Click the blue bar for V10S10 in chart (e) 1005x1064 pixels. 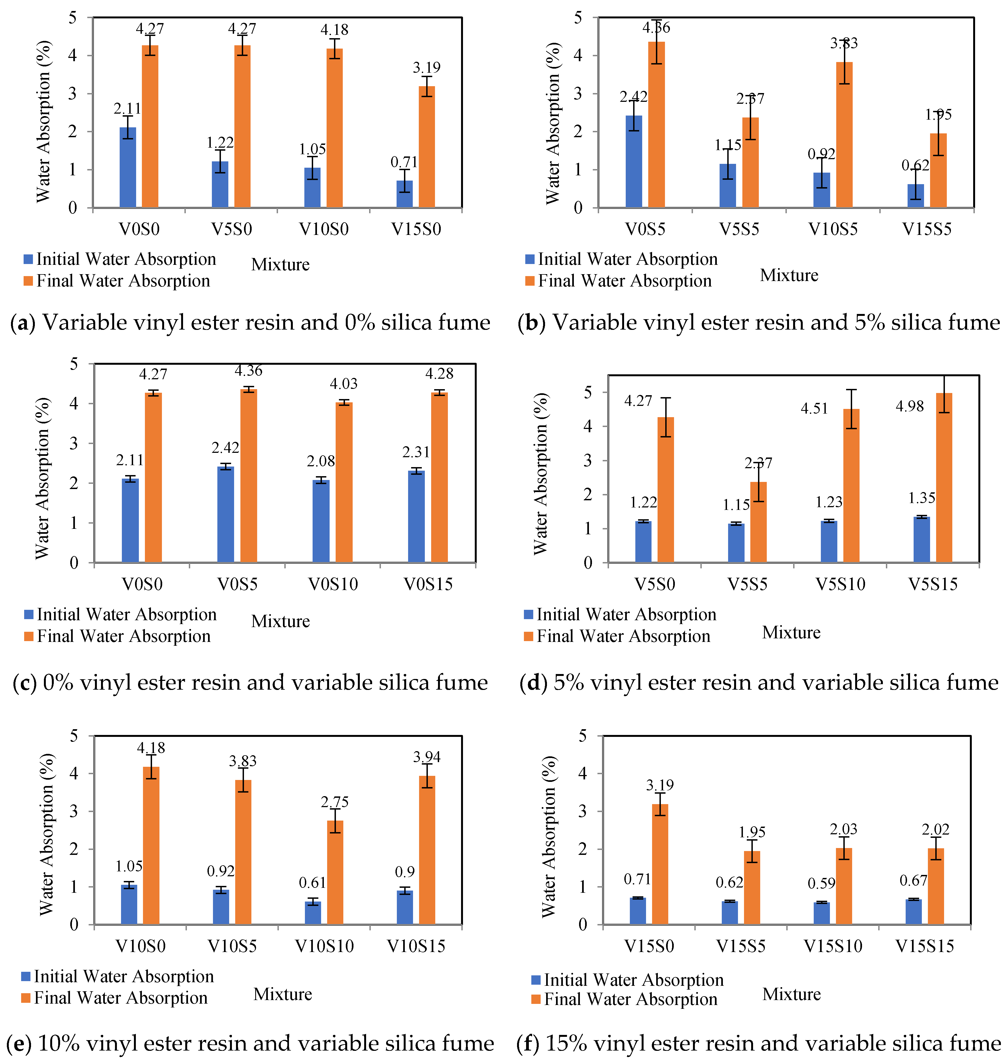(313, 913)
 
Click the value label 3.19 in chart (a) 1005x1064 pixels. (426, 68)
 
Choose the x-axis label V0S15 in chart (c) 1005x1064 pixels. (428, 584)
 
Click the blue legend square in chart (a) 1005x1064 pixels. (28, 259)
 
